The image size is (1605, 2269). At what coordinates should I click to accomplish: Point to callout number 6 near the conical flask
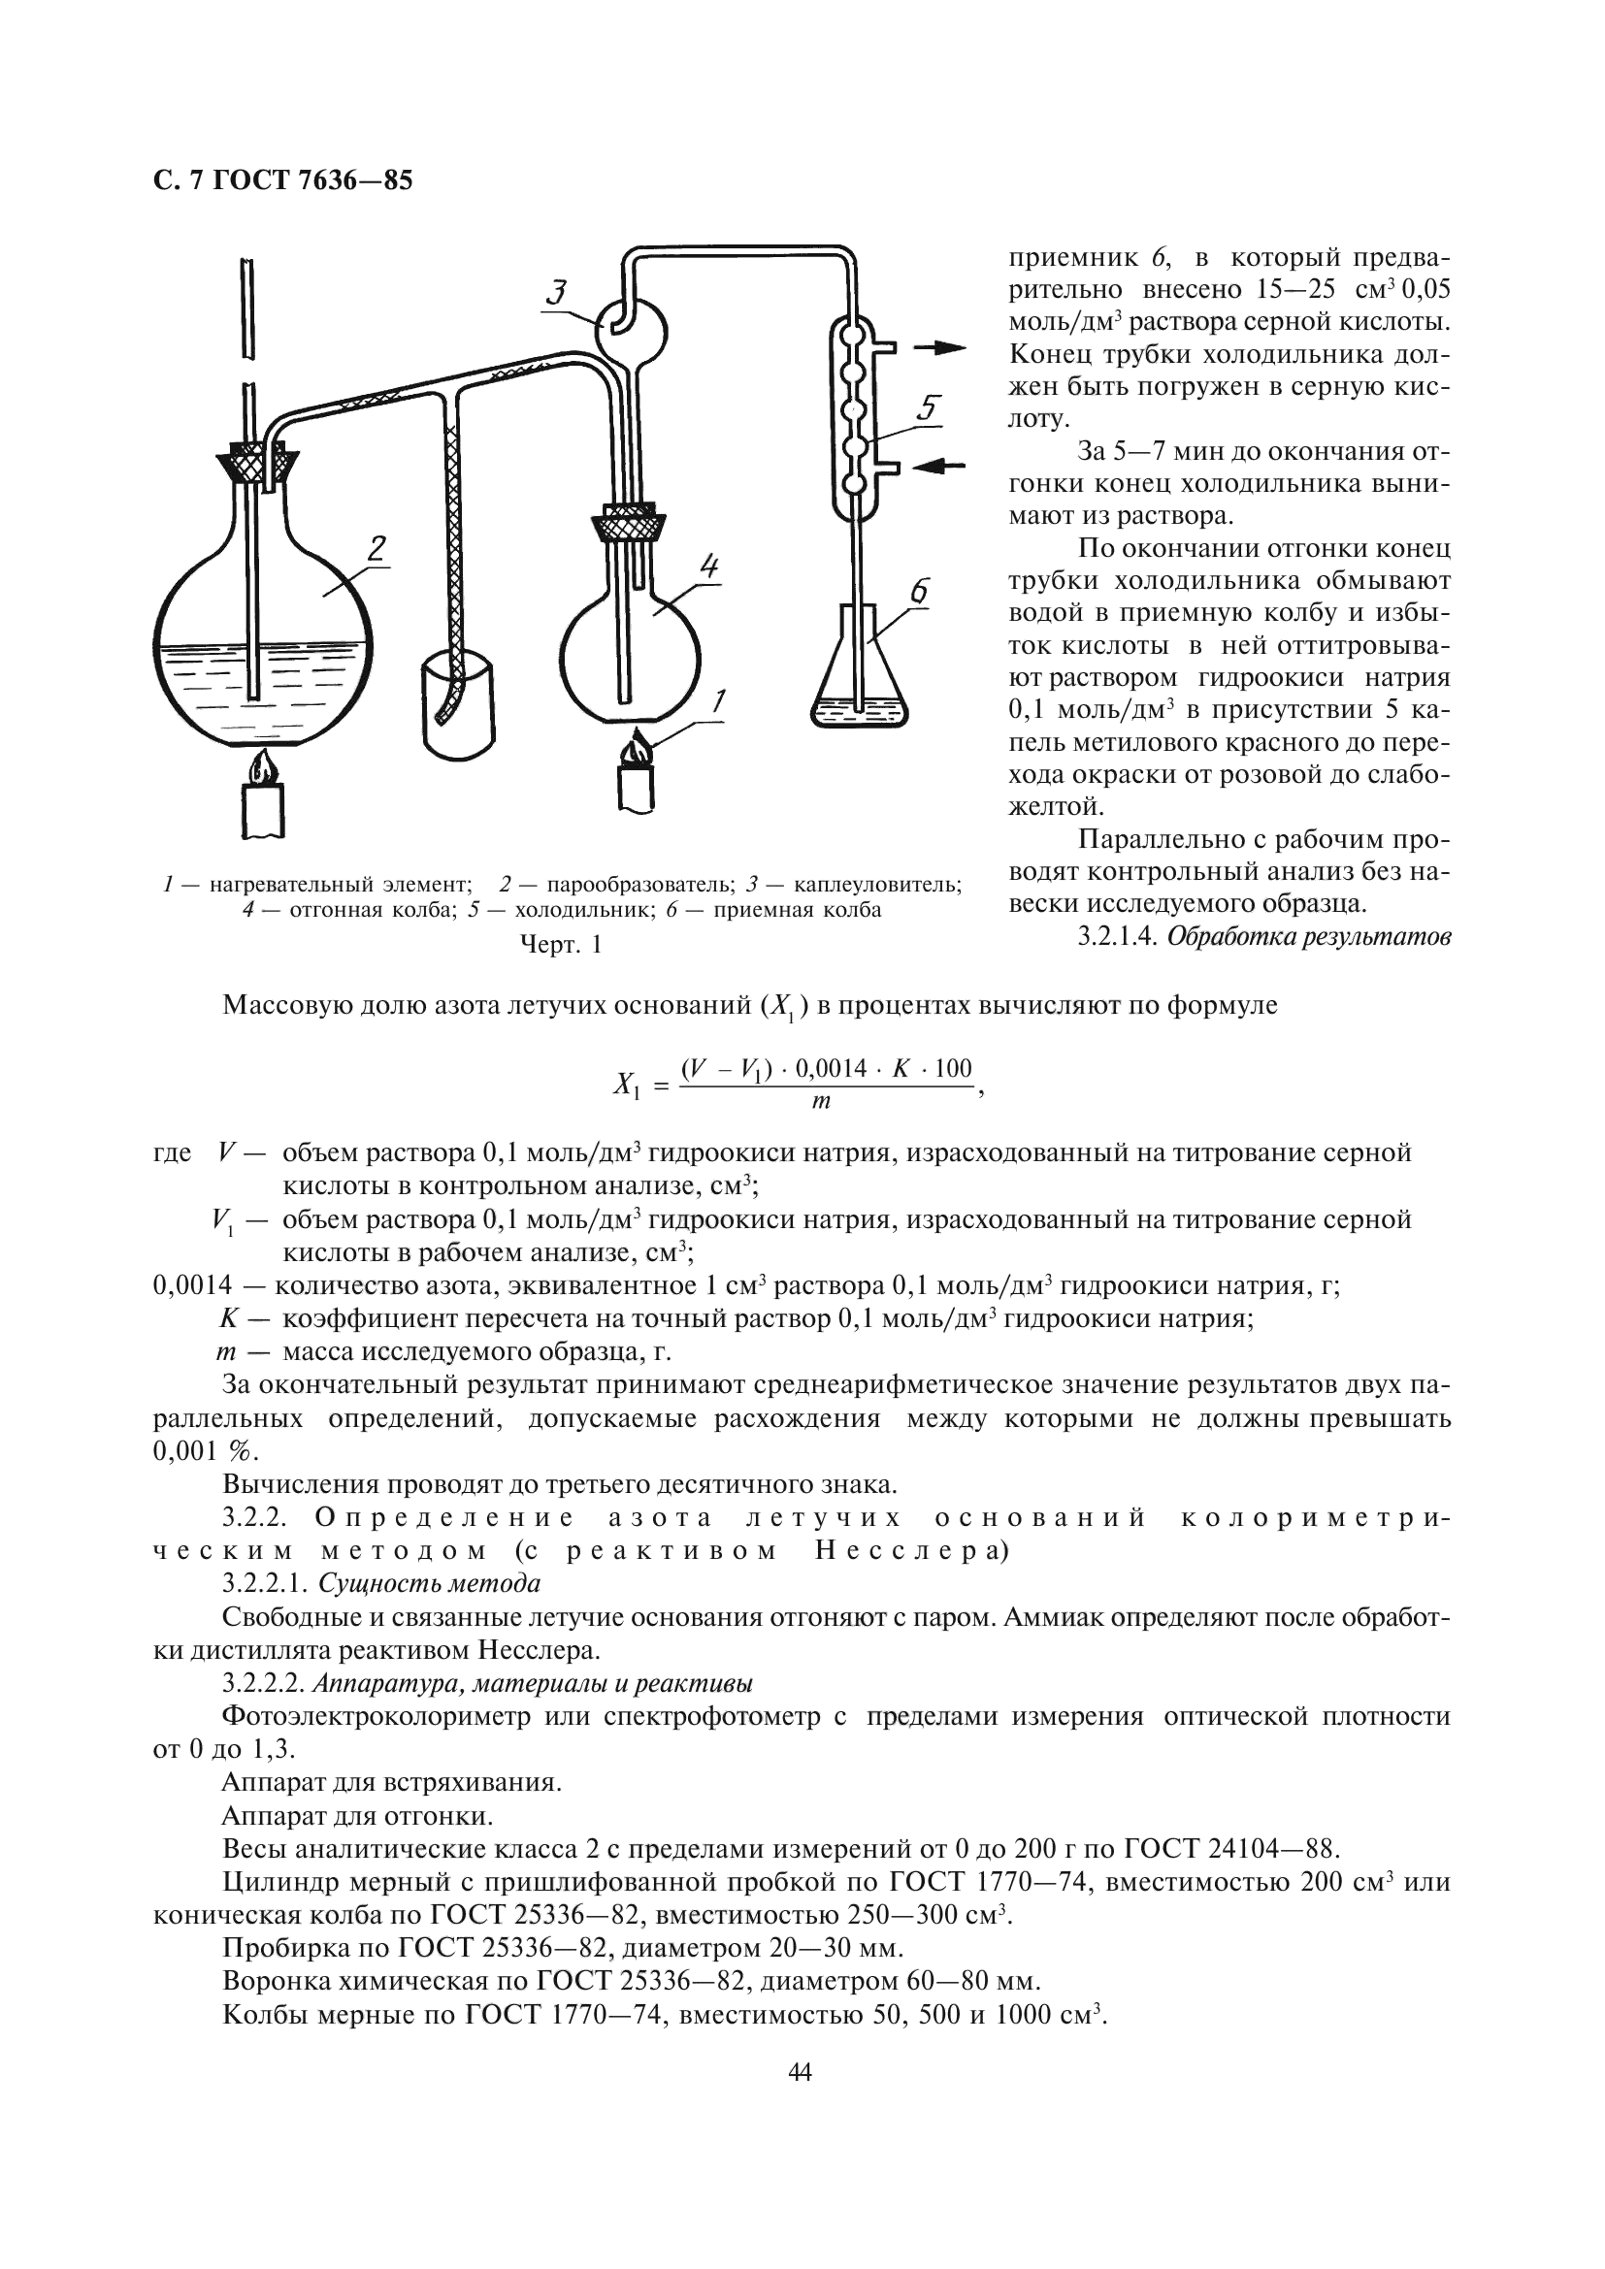[918, 591]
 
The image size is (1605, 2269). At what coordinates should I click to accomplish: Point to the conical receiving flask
[859, 682]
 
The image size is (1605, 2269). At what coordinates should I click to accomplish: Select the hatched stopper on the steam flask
[257, 463]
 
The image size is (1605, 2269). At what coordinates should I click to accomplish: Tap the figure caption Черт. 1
[560, 945]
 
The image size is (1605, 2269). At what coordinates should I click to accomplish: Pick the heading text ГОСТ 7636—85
[312, 180]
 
